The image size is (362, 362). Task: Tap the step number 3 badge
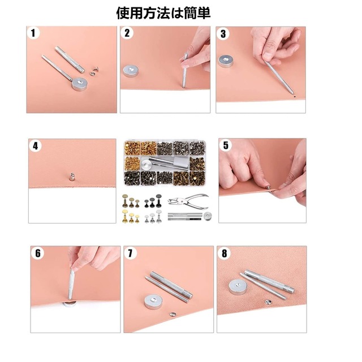223,33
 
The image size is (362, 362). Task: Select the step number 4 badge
36,146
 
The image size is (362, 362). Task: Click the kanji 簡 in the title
187,13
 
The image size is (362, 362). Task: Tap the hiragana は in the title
172,13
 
